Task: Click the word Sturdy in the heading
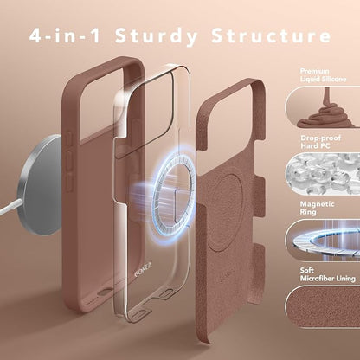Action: click(x=157, y=36)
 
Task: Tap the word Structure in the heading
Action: click(x=271, y=35)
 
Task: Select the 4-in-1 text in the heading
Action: click(x=65, y=35)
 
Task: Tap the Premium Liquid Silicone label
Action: click(x=323, y=75)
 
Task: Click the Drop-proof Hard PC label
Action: click(x=320, y=142)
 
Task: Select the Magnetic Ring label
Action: click(x=317, y=208)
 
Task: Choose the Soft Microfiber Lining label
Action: click(x=328, y=274)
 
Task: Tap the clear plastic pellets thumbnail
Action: click(x=323, y=174)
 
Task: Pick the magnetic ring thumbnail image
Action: click(x=323, y=240)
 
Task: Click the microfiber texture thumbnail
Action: click(x=323, y=306)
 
